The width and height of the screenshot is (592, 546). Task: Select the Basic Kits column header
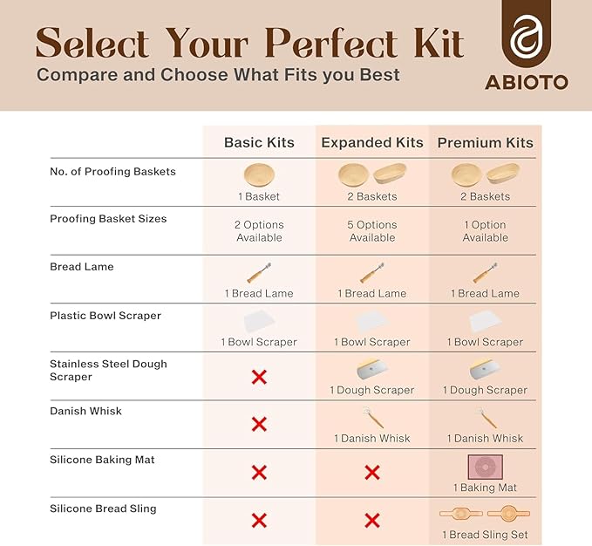click(259, 142)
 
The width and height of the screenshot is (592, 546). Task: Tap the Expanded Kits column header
click(372, 142)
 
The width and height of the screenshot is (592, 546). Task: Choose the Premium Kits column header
click(485, 142)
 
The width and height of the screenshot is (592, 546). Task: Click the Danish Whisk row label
click(85, 411)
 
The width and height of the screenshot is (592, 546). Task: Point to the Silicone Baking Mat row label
click(102, 459)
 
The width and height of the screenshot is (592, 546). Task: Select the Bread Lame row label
click(82, 266)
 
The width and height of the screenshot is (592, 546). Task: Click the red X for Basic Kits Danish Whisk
click(259, 424)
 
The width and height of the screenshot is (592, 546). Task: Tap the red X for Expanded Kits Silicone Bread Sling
click(372, 521)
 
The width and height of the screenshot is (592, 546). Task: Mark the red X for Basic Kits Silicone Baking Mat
click(259, 472)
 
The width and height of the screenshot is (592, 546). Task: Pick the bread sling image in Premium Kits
click(485, 514)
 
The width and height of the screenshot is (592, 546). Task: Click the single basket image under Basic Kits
click(259, 174)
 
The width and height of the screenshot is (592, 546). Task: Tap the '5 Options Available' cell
click(372, 231)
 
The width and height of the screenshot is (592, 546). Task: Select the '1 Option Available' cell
click(485, 231)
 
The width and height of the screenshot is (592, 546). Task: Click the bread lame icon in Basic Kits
click(259, 274)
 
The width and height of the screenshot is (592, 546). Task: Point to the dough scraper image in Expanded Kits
click(372, 369)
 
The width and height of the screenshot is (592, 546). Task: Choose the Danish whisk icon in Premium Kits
click(485, 418)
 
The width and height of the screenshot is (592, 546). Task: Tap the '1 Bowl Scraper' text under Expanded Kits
click(372, 342)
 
